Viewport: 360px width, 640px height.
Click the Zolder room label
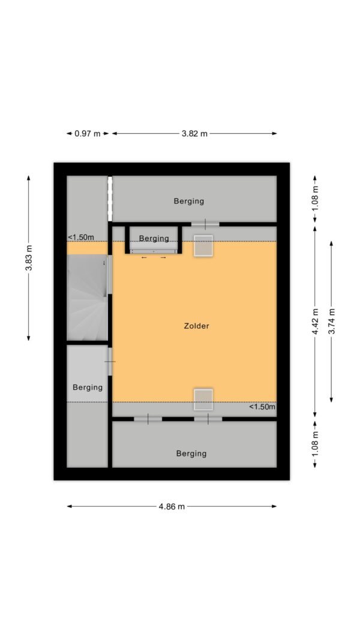[196, 326]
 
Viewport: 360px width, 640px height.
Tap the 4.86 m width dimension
[172, 506]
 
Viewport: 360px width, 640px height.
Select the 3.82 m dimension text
[194, 134]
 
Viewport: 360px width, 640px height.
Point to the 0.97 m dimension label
[88, 134]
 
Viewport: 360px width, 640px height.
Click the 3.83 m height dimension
[29, 258]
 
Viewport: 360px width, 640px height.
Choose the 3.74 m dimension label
[331, 321]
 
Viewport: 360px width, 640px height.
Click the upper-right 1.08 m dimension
[315, 199]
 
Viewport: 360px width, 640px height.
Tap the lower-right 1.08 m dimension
[315, 444]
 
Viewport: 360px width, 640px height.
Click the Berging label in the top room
[189, 201]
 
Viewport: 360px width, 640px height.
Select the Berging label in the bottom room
[191, 453]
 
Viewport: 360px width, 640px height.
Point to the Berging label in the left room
[88, 387]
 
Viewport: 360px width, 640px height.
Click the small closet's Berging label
[154, 238]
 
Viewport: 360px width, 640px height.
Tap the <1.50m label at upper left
[80, 238]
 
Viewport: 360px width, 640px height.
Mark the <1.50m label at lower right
[262, 407]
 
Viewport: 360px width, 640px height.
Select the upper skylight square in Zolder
[203, 246]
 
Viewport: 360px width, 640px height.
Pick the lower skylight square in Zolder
[203, 399]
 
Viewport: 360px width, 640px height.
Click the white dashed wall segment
[110, 199]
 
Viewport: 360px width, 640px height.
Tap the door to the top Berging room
[205, 224]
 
